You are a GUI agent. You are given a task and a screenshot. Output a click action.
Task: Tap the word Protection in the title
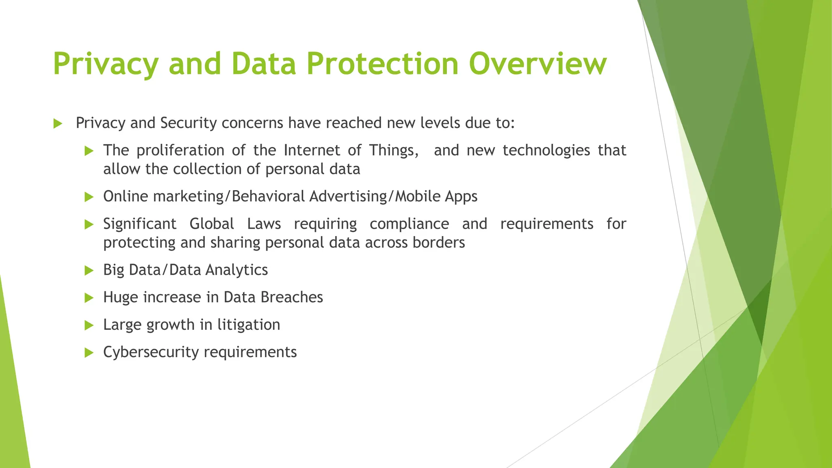[382, 64]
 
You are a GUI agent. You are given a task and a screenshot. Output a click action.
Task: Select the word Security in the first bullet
[188, 123]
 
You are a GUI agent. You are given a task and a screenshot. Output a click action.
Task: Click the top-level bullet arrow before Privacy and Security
[58, 123]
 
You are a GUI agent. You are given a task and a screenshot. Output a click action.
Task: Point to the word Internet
[312, 150]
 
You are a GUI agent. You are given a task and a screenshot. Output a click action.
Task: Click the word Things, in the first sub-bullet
[394, 151]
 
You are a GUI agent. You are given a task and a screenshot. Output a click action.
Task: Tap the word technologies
[546, 151]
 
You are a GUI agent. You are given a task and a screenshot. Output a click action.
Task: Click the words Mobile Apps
[436, 197]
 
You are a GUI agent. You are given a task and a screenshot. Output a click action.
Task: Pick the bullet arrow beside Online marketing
[89, 197]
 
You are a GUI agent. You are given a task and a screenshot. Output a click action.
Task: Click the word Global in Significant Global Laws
[212, 224]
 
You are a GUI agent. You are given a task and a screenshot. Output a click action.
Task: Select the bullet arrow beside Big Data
[89, 271]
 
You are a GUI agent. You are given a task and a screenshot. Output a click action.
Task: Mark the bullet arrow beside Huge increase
[89, 298]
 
